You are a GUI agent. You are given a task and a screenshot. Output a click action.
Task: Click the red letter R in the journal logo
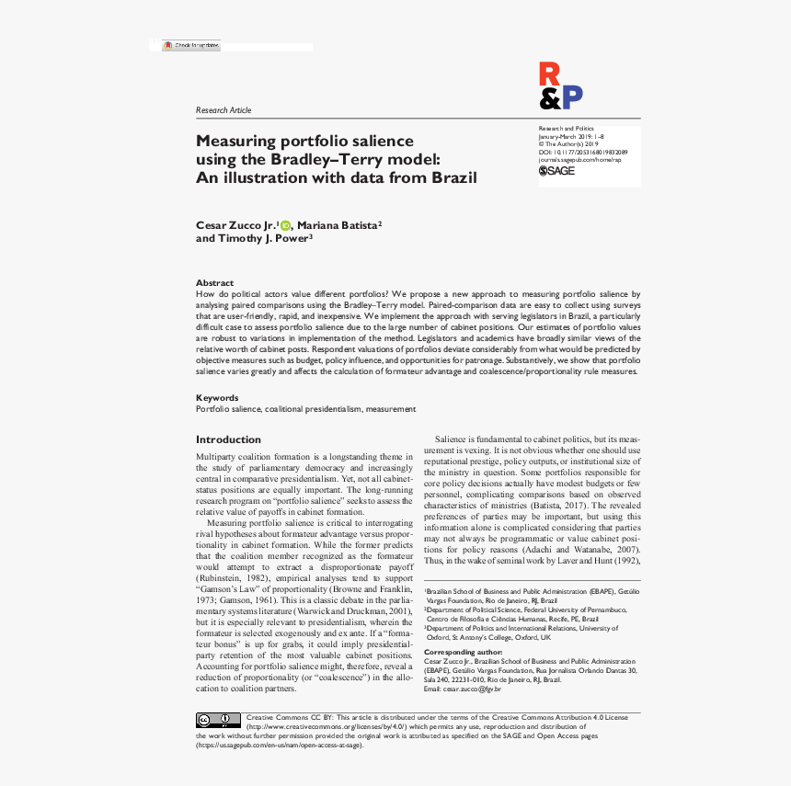(x=548, y=73)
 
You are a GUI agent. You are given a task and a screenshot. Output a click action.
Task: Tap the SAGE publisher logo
(x=557, y=170)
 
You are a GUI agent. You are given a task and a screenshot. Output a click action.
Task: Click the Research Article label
(x=224, y=110)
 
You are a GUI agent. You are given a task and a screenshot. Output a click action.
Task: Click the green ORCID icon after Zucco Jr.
(x=285, y=225)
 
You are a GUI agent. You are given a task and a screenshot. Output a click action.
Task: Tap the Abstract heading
(x=214, y=282)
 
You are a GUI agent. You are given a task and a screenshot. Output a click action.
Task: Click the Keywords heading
(x=217, y=398)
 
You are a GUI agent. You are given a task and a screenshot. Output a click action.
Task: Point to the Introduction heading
(x=228, y=439)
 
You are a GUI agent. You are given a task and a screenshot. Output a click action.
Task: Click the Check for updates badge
(x=191, y=45)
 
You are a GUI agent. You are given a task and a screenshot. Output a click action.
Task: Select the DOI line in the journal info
(x=582, y=152)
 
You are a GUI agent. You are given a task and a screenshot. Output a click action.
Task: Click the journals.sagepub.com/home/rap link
(x=579, y=159)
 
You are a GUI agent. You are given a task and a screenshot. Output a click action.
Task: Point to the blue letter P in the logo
(x=572, y=97)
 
